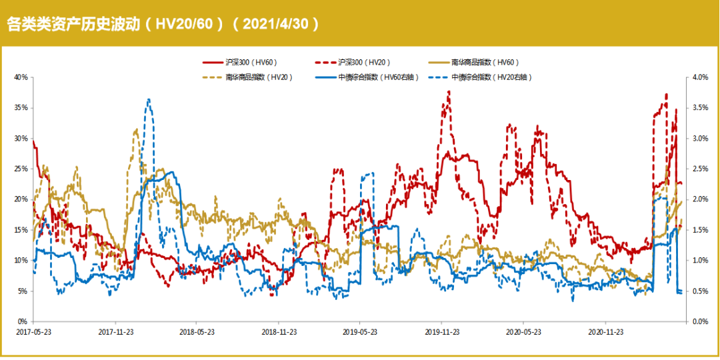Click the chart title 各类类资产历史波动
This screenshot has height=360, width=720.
click(73, 24)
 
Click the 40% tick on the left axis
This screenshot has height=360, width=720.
click(21, 77)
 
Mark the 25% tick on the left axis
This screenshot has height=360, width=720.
click(21, 169)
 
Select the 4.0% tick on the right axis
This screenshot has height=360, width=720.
click(699, 77)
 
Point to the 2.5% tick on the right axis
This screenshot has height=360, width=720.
click(699, 169)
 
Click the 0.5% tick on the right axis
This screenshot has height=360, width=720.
click(699, 291)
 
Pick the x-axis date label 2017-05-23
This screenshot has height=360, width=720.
click(33, 331)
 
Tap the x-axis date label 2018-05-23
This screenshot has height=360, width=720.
click(196, 331)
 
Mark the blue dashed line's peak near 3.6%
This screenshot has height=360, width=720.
click(149, 99)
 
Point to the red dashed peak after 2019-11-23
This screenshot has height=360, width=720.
click(449, 91)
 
